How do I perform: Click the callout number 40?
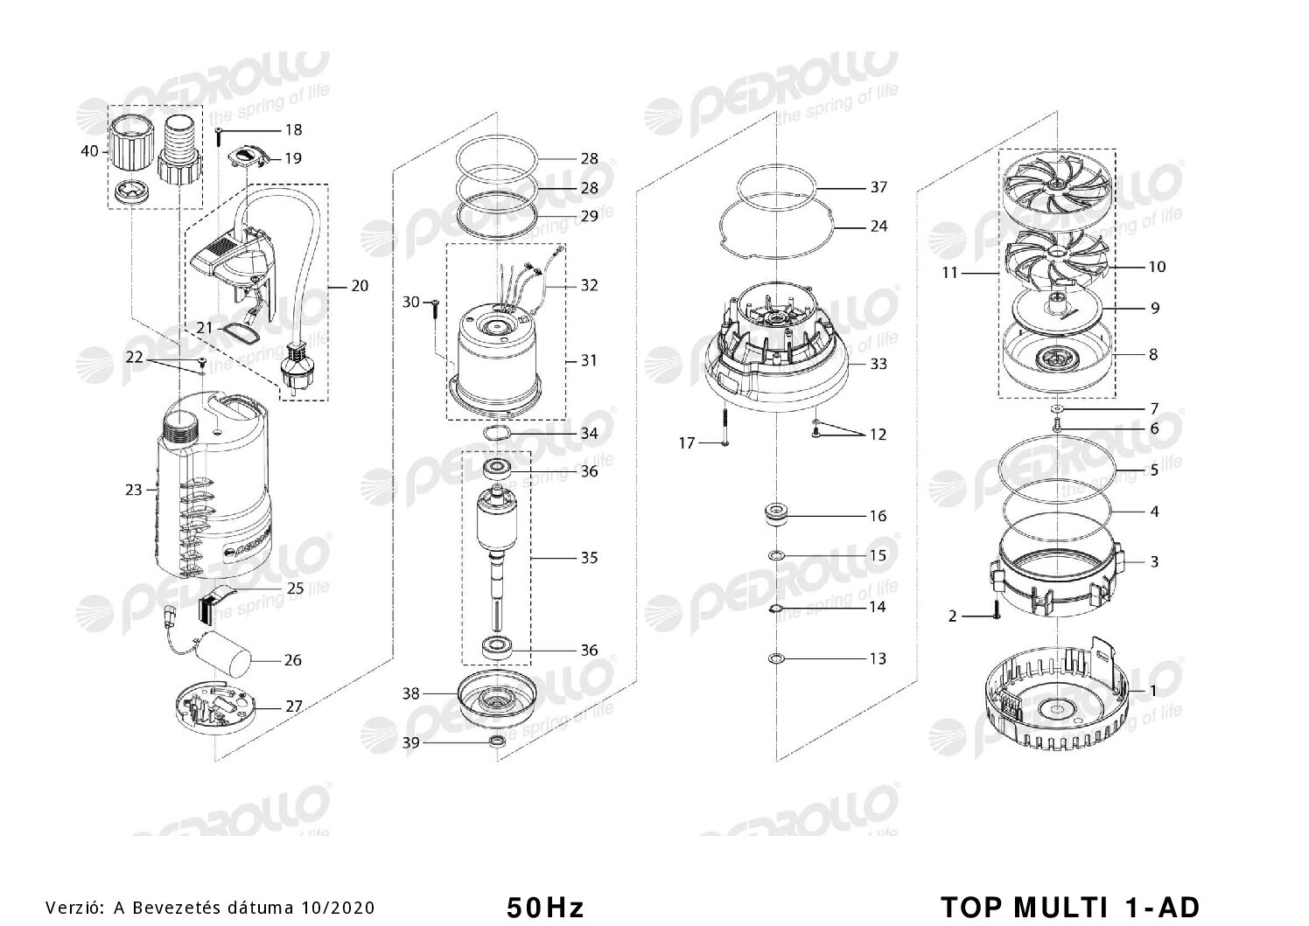[89, 151]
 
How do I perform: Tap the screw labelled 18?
[218, 136]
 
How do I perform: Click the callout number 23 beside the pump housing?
[134, 490]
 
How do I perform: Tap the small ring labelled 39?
[497, 742]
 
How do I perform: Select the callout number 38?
[411, 693]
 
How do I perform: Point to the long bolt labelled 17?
[724, 427]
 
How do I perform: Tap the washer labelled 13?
[776, 658]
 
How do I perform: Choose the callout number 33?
[878, 364]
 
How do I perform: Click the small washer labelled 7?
[1058, 407]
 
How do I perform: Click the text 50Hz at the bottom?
[545, 908]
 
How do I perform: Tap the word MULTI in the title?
[1060, 907]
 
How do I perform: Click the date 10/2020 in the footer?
[339, 908]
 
